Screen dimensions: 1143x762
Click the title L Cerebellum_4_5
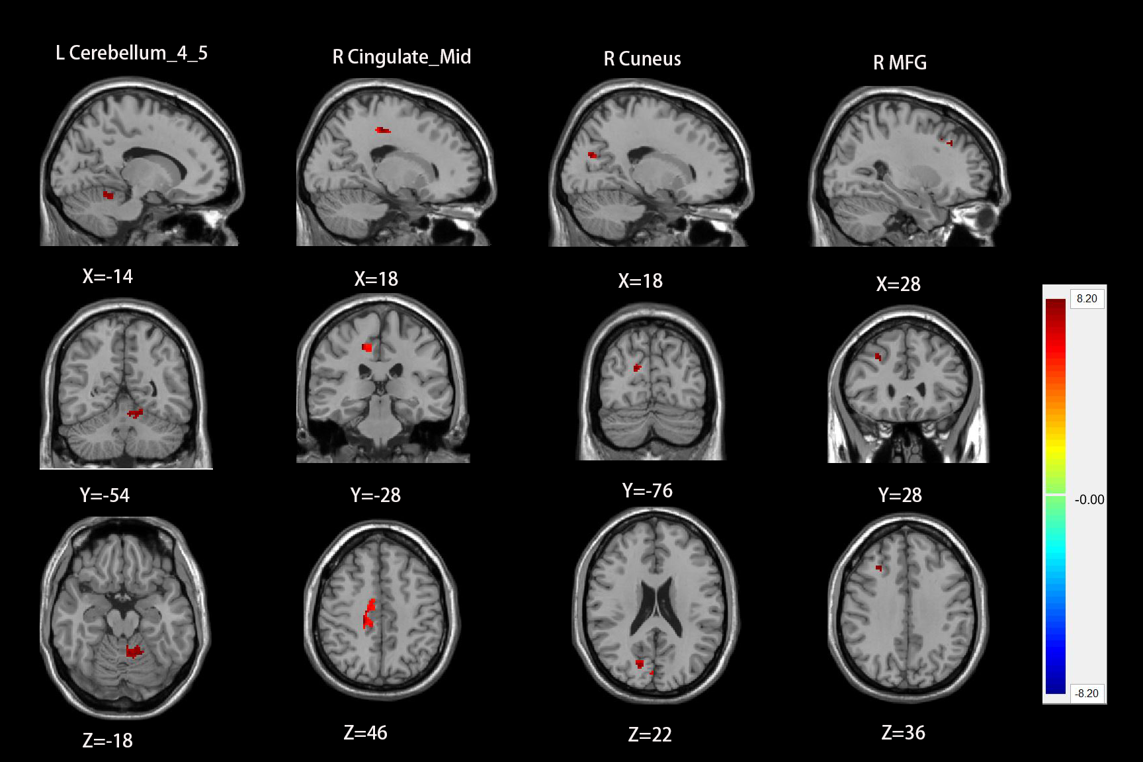point(132,53)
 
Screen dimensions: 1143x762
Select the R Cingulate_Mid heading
point(402,57)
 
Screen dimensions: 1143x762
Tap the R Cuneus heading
point(642,59)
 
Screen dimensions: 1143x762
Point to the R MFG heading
point(900,63)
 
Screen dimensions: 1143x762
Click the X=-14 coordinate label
point(107,276)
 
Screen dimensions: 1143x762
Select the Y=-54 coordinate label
point(105,495)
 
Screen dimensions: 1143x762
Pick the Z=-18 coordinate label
point(107,741)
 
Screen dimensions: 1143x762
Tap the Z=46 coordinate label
point(365,733)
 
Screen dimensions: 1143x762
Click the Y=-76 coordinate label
point(647,491)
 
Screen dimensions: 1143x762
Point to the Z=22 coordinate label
point(650,735)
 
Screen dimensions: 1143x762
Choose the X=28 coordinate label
point(898,284)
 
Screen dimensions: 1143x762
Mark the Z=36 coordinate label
point(903,733)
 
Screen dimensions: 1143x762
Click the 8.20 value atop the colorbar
point(1087,299)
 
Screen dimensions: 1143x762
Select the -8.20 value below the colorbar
point(1087,694)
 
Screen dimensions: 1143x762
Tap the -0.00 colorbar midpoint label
point(1089,500)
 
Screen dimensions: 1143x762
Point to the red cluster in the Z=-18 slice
point(134,652)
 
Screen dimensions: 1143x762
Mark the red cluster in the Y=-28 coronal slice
point(367,348)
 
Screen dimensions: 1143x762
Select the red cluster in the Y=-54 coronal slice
point(136,413)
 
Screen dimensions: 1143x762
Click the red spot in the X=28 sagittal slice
point(949,142)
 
